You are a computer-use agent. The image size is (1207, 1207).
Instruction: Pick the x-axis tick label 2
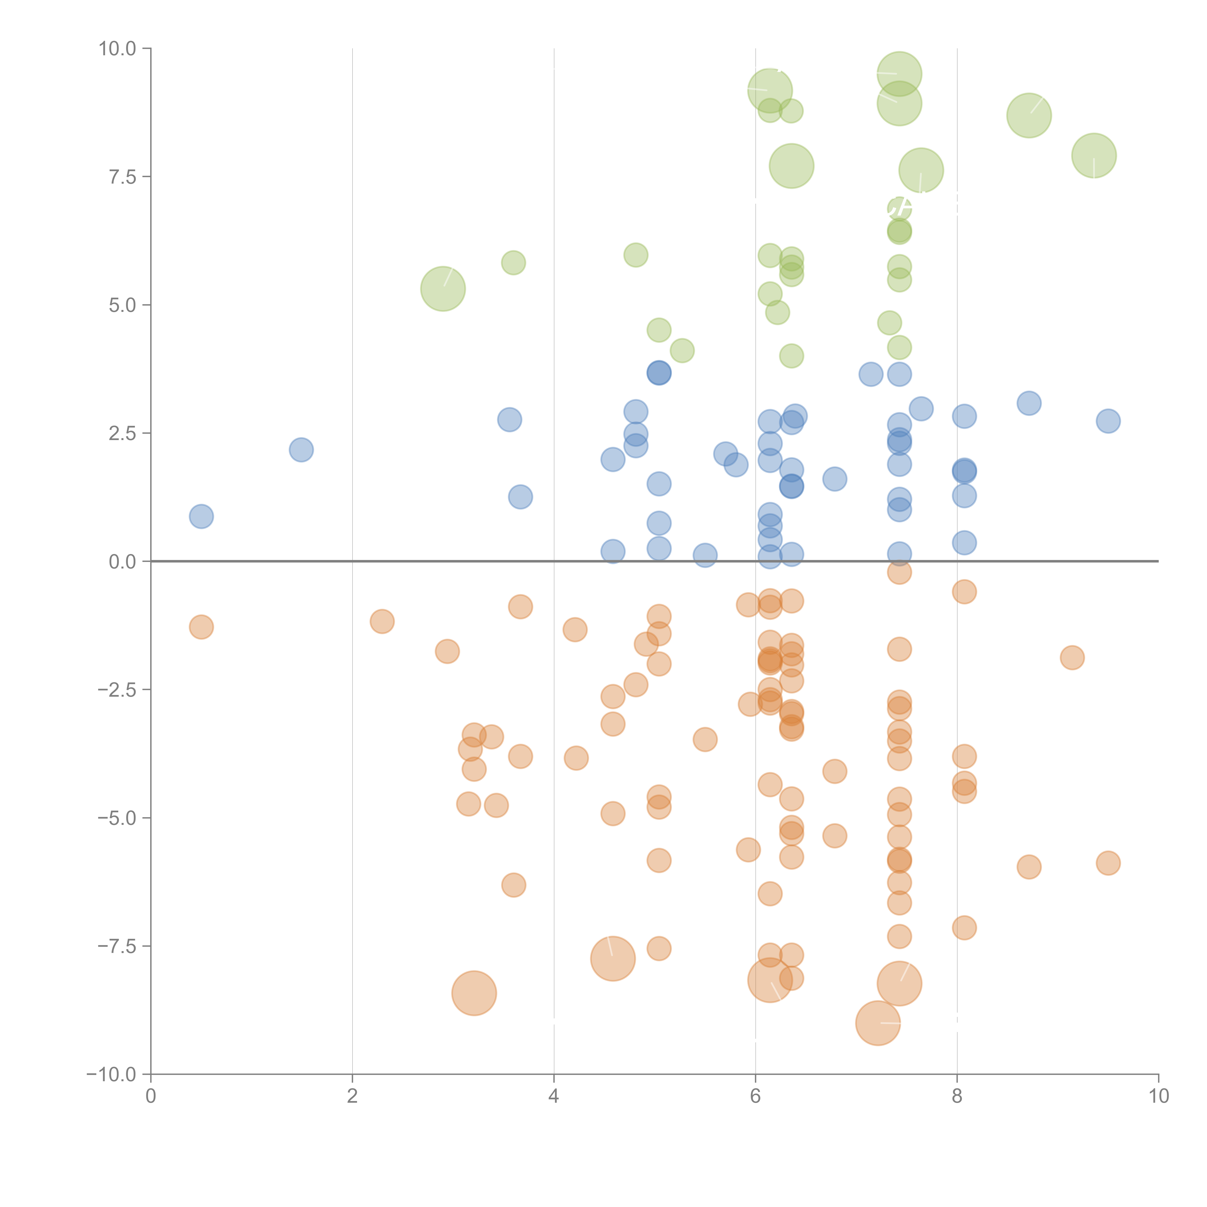point(352,1096)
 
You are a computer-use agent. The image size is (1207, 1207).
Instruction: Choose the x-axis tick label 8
point(957,1096)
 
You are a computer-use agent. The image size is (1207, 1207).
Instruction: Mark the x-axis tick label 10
point(1158,1096)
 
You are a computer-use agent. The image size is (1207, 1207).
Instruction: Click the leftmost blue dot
point(201,516)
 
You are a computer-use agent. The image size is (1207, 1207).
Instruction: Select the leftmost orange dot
point(201,627)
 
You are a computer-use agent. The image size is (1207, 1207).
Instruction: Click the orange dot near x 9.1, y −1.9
point(1072,657)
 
